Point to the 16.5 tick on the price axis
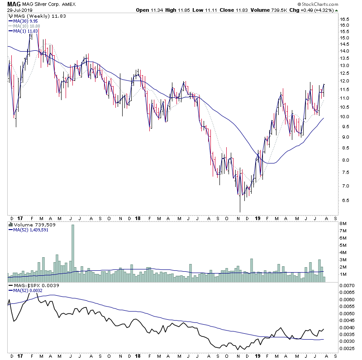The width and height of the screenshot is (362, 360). (346, 19)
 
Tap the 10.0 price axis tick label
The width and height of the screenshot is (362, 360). (346, 117)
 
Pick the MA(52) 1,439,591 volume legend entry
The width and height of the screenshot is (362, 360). (31, 230)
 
